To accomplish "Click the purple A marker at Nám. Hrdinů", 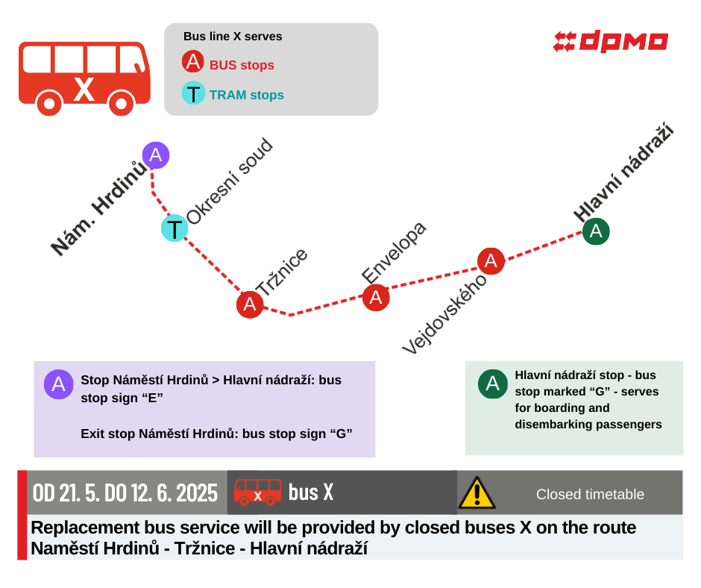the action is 156,155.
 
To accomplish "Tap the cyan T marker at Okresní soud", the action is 175,228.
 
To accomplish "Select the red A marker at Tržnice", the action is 250,304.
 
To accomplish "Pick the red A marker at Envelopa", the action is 376,297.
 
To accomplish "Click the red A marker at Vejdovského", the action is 491,261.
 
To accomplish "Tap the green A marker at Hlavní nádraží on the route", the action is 596,231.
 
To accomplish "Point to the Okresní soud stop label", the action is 230,181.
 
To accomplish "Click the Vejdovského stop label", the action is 444,314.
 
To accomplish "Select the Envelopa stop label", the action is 394,252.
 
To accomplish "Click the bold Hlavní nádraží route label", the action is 624,172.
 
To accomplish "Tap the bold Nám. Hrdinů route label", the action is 98,208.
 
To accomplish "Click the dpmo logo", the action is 611,42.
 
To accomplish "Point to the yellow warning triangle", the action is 477,492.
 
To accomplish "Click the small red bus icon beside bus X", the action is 257,492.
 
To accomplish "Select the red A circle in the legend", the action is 193,62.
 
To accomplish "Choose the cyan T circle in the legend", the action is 194,93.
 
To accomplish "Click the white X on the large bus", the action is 84,89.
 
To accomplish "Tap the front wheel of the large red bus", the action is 121,104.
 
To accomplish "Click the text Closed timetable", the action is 590,494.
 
